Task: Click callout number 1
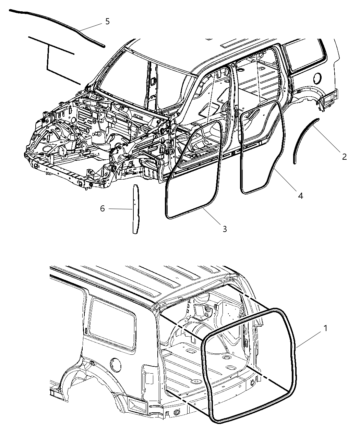click(x=325, y=328)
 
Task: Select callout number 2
click(x=344, y=157)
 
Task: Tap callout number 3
click(x=225, y=229)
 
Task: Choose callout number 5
click(x=107, y=21)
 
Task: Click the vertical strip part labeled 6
click(x=136, y=209)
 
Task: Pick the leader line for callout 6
click(x=120, y=209)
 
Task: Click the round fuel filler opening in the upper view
click(x=317, y=78)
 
